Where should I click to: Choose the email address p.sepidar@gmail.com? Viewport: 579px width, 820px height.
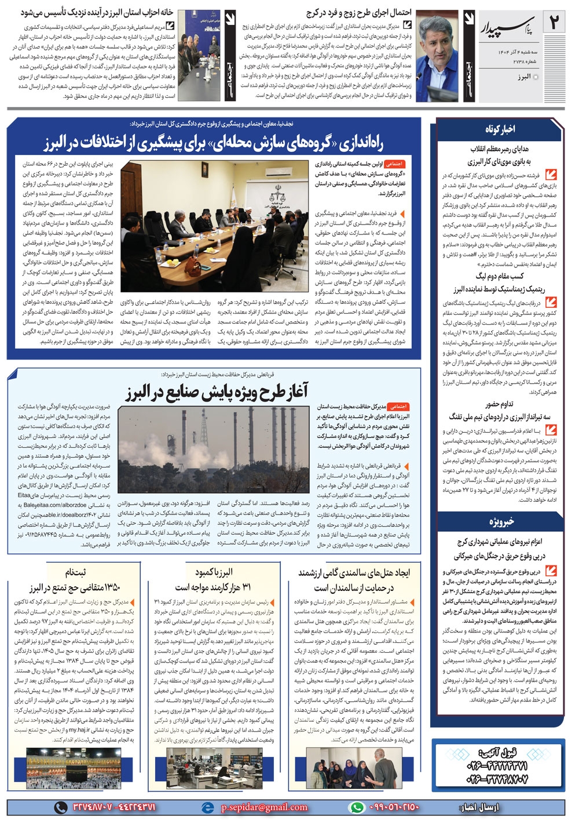263,807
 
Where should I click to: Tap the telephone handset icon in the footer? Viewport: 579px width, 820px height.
61,807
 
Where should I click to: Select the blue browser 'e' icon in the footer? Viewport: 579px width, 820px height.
207,807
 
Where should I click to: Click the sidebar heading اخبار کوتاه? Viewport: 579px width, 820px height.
500,129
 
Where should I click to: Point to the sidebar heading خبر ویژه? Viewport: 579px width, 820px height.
500,522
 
